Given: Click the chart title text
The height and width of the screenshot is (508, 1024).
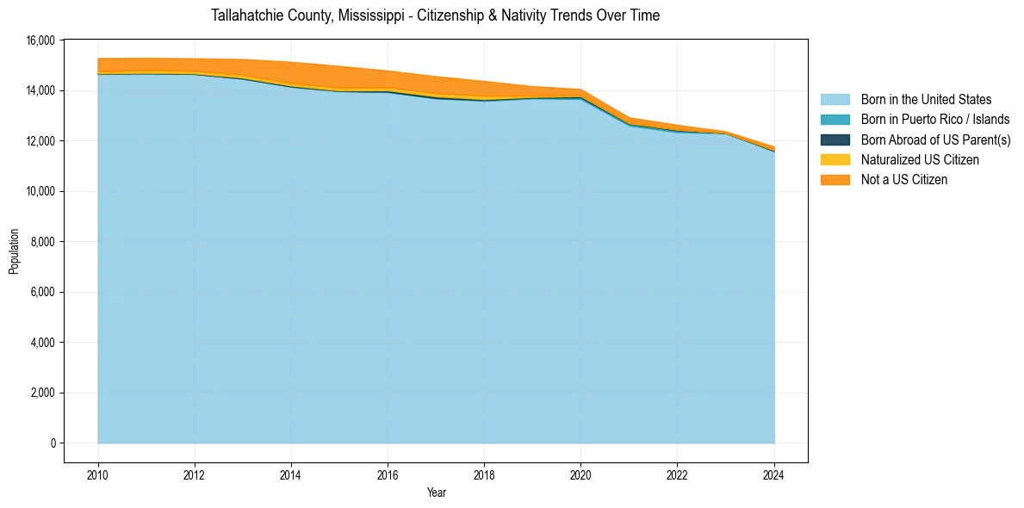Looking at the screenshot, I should pyautogui.click(x=435, y=15).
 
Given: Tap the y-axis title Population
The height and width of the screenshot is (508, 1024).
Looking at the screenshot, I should pyautogui.click(x=14, y=251).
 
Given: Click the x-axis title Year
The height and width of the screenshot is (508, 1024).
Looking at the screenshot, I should pyautogui.click(x=436, y=493).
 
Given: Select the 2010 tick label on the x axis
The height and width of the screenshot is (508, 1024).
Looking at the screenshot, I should pyautogui.click(x=98, y=474).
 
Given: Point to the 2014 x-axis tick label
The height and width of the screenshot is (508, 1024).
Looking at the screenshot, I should pyautogui.click(x=291, y=474).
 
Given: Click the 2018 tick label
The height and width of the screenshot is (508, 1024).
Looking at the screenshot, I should pyautogui.click(x=484, y=474).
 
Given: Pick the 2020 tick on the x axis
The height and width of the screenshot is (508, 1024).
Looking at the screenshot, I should pyautogui.click(x=580, y=474).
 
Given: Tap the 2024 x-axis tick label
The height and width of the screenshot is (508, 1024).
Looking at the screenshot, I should pyautogui.click(x=774, y=474).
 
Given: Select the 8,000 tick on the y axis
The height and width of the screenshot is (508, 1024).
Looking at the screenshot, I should pyautogui.click(x=45, y=242).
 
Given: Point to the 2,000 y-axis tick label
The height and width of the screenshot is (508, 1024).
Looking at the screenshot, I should pyautogui.click(x=45, y=393).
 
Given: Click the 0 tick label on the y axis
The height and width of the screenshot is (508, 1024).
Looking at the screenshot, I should pyautogui.click(x=53, y=443).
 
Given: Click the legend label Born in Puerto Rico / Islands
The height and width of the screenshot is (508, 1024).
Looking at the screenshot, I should pyautogui.click(x=935, y=120).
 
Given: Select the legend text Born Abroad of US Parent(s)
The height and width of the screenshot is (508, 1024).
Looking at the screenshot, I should pyautogui.click(x=935, y=139).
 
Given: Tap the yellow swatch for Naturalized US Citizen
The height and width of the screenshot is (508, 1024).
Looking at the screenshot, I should pyautogui.click(x=835, y=159).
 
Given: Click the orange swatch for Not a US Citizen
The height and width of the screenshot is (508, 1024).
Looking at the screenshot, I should pyautogui.click(x=835, y=179).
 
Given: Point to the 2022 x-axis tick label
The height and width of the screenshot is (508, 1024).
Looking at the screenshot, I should pyautogui.click(x=677, y=474).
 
